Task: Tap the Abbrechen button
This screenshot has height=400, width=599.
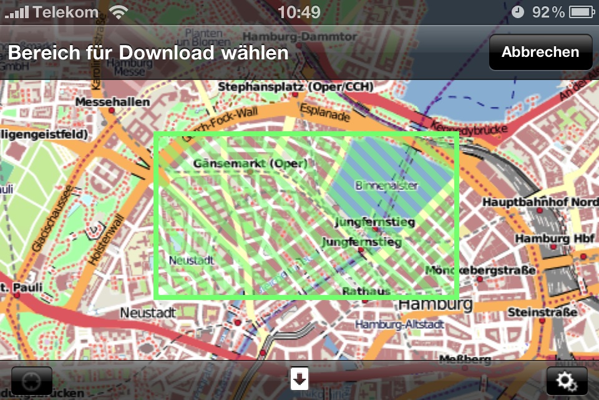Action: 540,52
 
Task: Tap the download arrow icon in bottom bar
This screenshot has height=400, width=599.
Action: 299,378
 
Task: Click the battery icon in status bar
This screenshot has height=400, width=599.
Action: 580,12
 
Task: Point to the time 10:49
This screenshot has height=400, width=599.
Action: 299,12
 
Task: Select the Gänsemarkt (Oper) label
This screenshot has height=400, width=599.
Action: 251,164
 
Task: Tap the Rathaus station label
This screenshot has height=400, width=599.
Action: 366,291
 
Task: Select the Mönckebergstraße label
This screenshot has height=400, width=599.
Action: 480,271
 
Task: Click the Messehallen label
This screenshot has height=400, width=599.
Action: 112,102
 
